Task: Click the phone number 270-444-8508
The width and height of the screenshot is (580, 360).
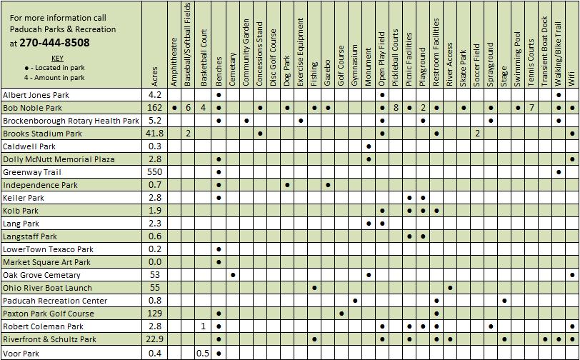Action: [49, 42]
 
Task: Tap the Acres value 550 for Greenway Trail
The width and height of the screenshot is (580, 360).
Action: [155, 172]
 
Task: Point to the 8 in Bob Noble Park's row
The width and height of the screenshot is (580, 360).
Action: [396, 107]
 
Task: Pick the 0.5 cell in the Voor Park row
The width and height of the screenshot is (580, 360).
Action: [203, 353]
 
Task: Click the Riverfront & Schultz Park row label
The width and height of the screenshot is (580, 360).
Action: [49, 339]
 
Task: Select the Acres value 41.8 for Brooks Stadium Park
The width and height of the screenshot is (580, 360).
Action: [155, 134]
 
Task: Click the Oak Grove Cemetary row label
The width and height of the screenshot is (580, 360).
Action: [40, 275]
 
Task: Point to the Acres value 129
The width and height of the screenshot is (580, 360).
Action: [155, 314]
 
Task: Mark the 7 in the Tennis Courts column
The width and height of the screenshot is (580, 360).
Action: [531, 107]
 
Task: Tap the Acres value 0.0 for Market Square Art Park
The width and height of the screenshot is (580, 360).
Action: [155, 262]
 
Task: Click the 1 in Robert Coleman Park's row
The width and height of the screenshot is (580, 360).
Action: [203, 326]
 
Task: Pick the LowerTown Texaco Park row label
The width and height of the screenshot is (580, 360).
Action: [49, 249]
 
